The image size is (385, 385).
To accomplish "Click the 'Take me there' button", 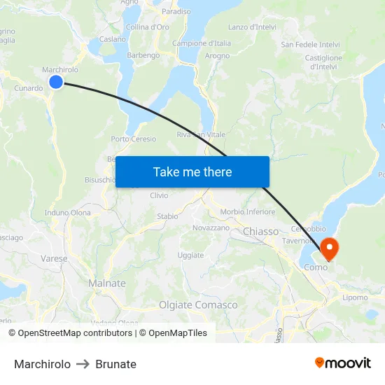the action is click(192, 171).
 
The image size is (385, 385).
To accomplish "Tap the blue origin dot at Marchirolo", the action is click(56, 83).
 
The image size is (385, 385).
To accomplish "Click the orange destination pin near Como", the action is click(328, 248).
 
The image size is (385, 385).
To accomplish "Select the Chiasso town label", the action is click(260, 232).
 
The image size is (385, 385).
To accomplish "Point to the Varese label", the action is click(54, 258).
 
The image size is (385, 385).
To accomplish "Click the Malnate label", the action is click(107, 283).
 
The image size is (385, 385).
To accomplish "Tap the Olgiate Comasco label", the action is click(198, 305).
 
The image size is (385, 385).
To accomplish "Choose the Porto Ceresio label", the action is click(133, 139).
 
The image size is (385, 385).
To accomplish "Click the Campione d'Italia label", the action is click(202, 43).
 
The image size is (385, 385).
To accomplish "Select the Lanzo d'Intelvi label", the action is click(252, 27).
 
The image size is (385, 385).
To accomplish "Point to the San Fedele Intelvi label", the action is click(310, 45).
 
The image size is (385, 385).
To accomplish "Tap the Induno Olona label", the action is click(67, 212).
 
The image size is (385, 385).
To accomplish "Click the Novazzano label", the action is click(211, 228).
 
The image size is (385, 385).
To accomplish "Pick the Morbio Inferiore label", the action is click(248, 211).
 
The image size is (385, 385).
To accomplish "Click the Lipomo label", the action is click(355, 297).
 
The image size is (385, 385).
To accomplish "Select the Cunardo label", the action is click(29, 89).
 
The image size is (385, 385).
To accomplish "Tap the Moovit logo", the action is click(343, 363).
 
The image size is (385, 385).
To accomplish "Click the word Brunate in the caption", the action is click(116, 364).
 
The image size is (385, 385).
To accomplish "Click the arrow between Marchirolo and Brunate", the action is click(83, 364).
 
